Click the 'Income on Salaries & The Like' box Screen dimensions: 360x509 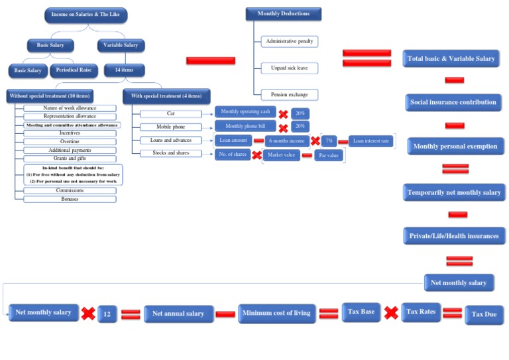tap(85, 15)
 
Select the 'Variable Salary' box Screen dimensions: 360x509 tap(122, 45)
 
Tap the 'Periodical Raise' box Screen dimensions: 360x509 tap(73, 70)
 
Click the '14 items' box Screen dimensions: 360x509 tap(124, 70)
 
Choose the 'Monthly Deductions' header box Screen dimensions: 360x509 tap(282, 13)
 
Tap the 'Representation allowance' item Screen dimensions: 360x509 tap(70, 116)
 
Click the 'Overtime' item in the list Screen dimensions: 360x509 tap(70, 141)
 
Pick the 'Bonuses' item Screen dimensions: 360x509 tap(70, 199)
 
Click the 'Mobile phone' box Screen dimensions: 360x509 tap(170, 127)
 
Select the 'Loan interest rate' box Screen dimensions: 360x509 tap(371, 141)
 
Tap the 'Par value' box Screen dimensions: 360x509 tap(329, 156)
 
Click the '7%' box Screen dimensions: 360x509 tap(329, 141)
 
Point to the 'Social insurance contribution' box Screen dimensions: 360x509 tap(453, 103)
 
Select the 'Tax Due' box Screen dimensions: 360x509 tap(484, 314)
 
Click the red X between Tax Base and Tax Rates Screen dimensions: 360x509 tap(391, 312)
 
